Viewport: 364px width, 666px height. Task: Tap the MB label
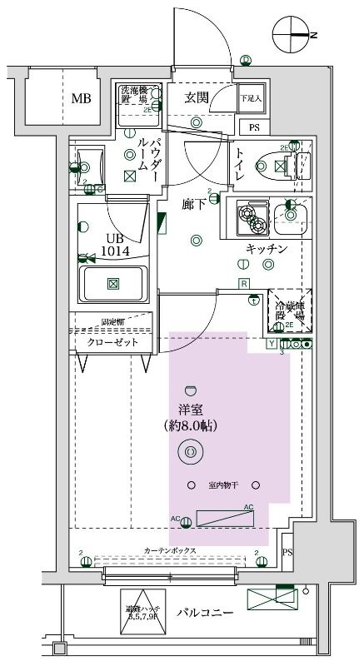pyautogui.click(x=81, y=99)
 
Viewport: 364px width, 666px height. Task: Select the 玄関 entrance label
pyautogui.click(x=198, y=97)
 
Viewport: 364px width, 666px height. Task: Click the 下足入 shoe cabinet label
pyautogui.click(x=251, y=98)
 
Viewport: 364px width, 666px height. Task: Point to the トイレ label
pyautogui.click(x=239, y=165)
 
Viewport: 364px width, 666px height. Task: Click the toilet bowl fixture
pyautogui.click(x=275, y=166)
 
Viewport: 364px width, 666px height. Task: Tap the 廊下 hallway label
pyautogui.click(x=195, y=203)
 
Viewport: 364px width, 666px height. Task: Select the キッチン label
pyautogui.click(x=266, y=249)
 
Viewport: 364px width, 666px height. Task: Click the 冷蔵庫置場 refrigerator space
pyautogui.click(x=290, y=311)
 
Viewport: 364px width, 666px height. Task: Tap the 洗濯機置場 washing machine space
pyautogui.click(x=134, y=99)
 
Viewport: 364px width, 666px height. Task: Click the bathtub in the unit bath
pyautogui.click(x=113, y=284)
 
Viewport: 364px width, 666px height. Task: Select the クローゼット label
pyautogui.click(x=112, y=342)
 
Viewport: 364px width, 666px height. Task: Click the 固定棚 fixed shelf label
pyautogui.click(x=113, y=321)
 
